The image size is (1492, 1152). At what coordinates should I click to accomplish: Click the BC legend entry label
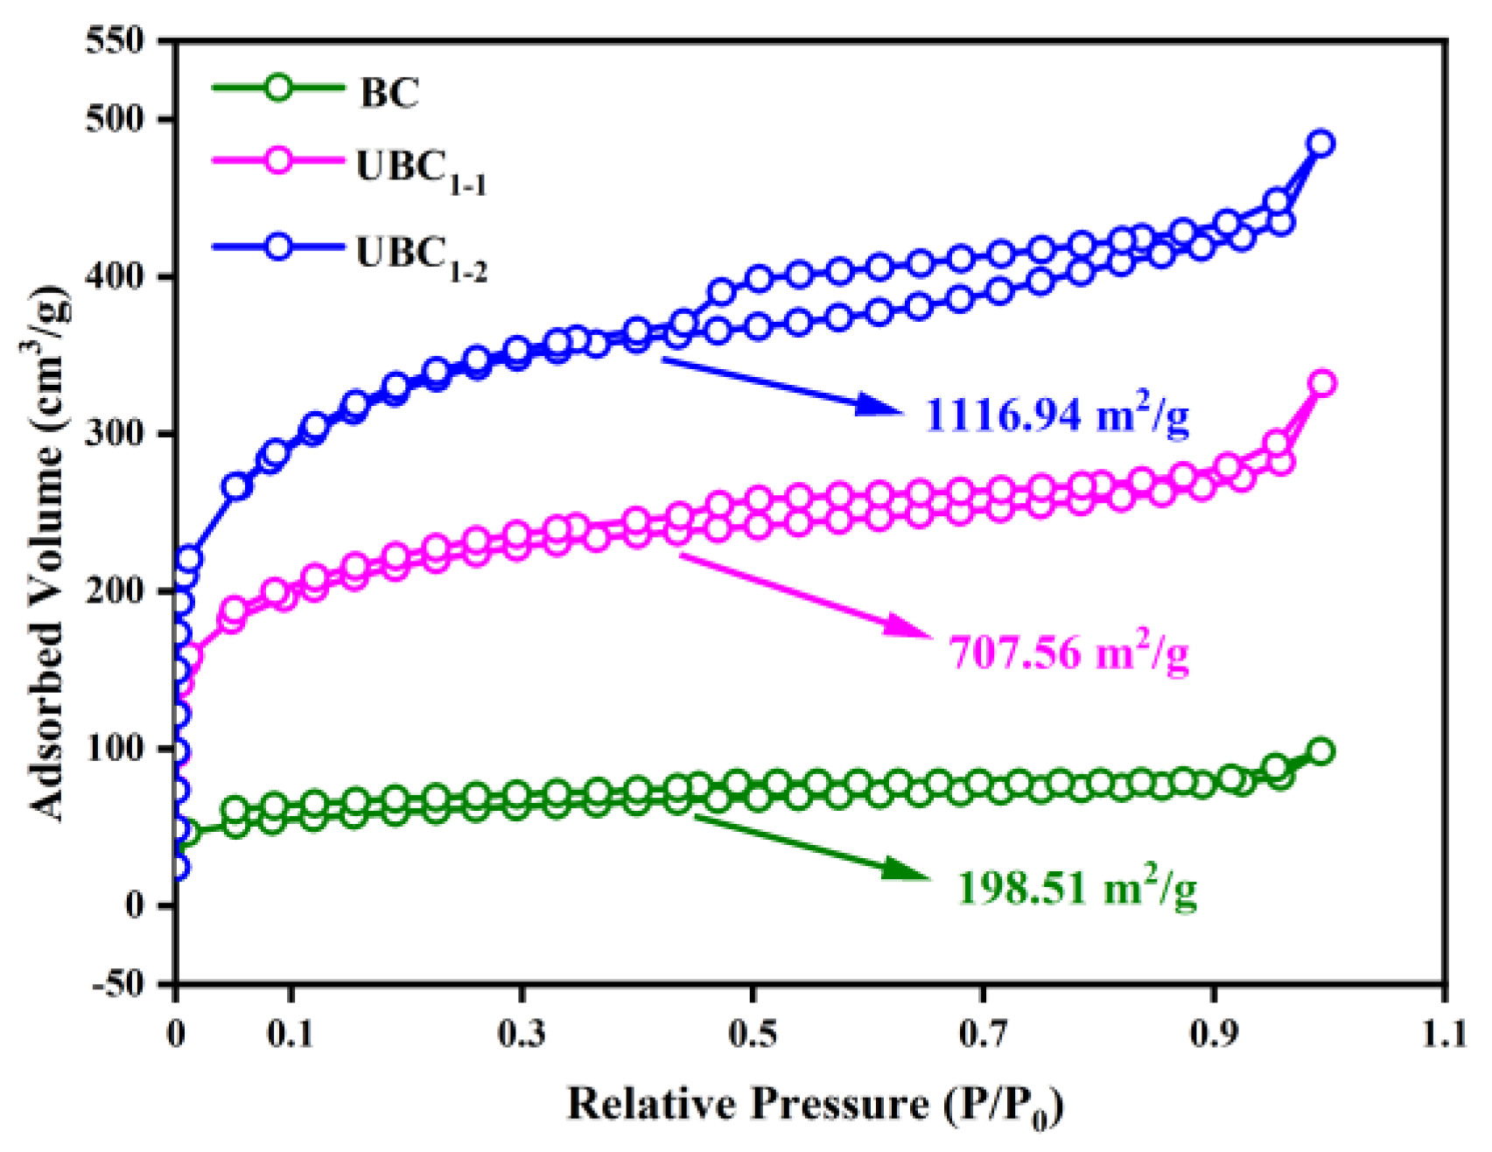point(389,92)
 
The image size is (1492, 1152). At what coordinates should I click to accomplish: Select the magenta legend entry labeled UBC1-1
point(421,169)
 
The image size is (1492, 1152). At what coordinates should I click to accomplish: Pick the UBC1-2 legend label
point(421,255)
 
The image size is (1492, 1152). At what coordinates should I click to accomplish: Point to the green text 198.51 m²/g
point(1076,887)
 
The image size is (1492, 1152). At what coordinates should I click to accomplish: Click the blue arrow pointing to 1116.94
point(779,385)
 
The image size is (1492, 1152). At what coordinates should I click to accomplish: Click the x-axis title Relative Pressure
point(814,1105)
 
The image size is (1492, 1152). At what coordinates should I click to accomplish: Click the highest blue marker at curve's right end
point(1321,143)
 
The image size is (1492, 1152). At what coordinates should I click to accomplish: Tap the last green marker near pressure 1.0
point(1321,751)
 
